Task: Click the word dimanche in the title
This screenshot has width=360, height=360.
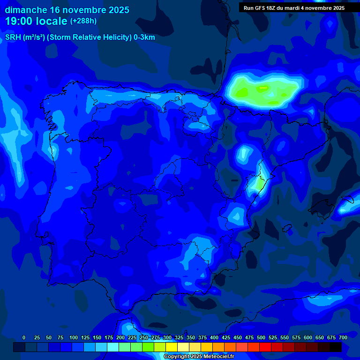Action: pyautogui.click(x=26, y=10)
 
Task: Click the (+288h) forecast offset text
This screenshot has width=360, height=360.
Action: pyautogui.click(x=83, y=21)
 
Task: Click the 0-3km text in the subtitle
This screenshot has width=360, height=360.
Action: pyautogui.click(x=144, y=37)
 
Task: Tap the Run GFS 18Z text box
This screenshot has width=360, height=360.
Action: pyautogui.click(x=294, y=8)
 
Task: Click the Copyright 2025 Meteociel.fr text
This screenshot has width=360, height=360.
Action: pyautogui.click(x=199, y=356)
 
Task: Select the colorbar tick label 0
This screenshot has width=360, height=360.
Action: pyautogui.click(x=24, y=337)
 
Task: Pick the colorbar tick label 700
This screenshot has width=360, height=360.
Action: pyautogui.click(x=343, y=337)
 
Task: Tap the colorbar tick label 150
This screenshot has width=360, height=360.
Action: pyautogui.click(x=97, y=337)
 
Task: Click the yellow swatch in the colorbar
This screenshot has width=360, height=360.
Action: pyautogui.click(x=172, y=347)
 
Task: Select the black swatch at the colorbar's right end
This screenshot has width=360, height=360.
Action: pyautogui.click(x=336, y=347)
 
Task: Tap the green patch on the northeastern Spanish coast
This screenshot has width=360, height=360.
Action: pyautogui.click(x=257, y=183)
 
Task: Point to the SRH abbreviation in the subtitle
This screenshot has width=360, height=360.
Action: pyautogui.click(x=13, y=37)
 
